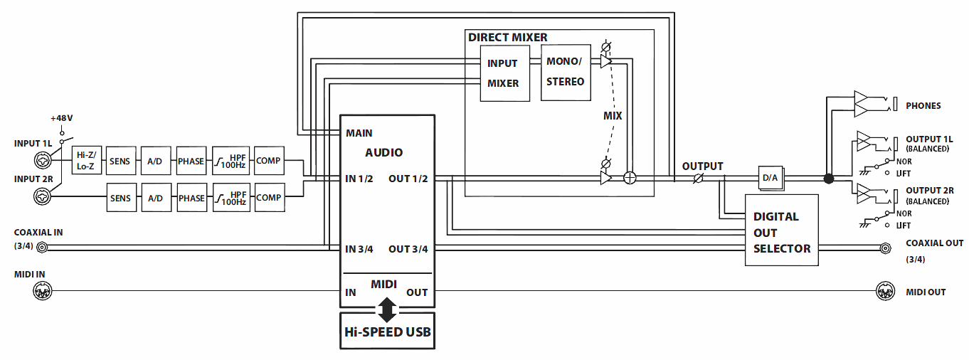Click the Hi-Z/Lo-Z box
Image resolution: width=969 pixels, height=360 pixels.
point(88,161)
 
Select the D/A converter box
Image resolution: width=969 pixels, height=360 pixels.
point(770,178)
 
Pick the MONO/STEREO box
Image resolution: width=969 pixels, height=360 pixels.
point(566,72)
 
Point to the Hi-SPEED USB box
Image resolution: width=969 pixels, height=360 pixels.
point(387,331)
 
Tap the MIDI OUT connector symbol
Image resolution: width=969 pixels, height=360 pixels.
point(883,291)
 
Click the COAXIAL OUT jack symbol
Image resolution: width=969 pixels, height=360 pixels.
point(886,248)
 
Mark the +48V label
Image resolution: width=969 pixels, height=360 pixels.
point(62,118)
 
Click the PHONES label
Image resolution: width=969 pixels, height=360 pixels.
point(923,106)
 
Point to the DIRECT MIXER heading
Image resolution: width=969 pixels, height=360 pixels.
point(507,37)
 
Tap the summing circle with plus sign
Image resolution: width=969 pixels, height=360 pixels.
point(629,178)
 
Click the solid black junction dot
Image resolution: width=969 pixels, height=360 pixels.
point(828,178)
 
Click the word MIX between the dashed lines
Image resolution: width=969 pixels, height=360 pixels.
point(613,116)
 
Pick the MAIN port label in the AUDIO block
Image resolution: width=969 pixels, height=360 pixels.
point(359,133)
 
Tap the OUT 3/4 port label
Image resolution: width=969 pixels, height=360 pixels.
point(408,249)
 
